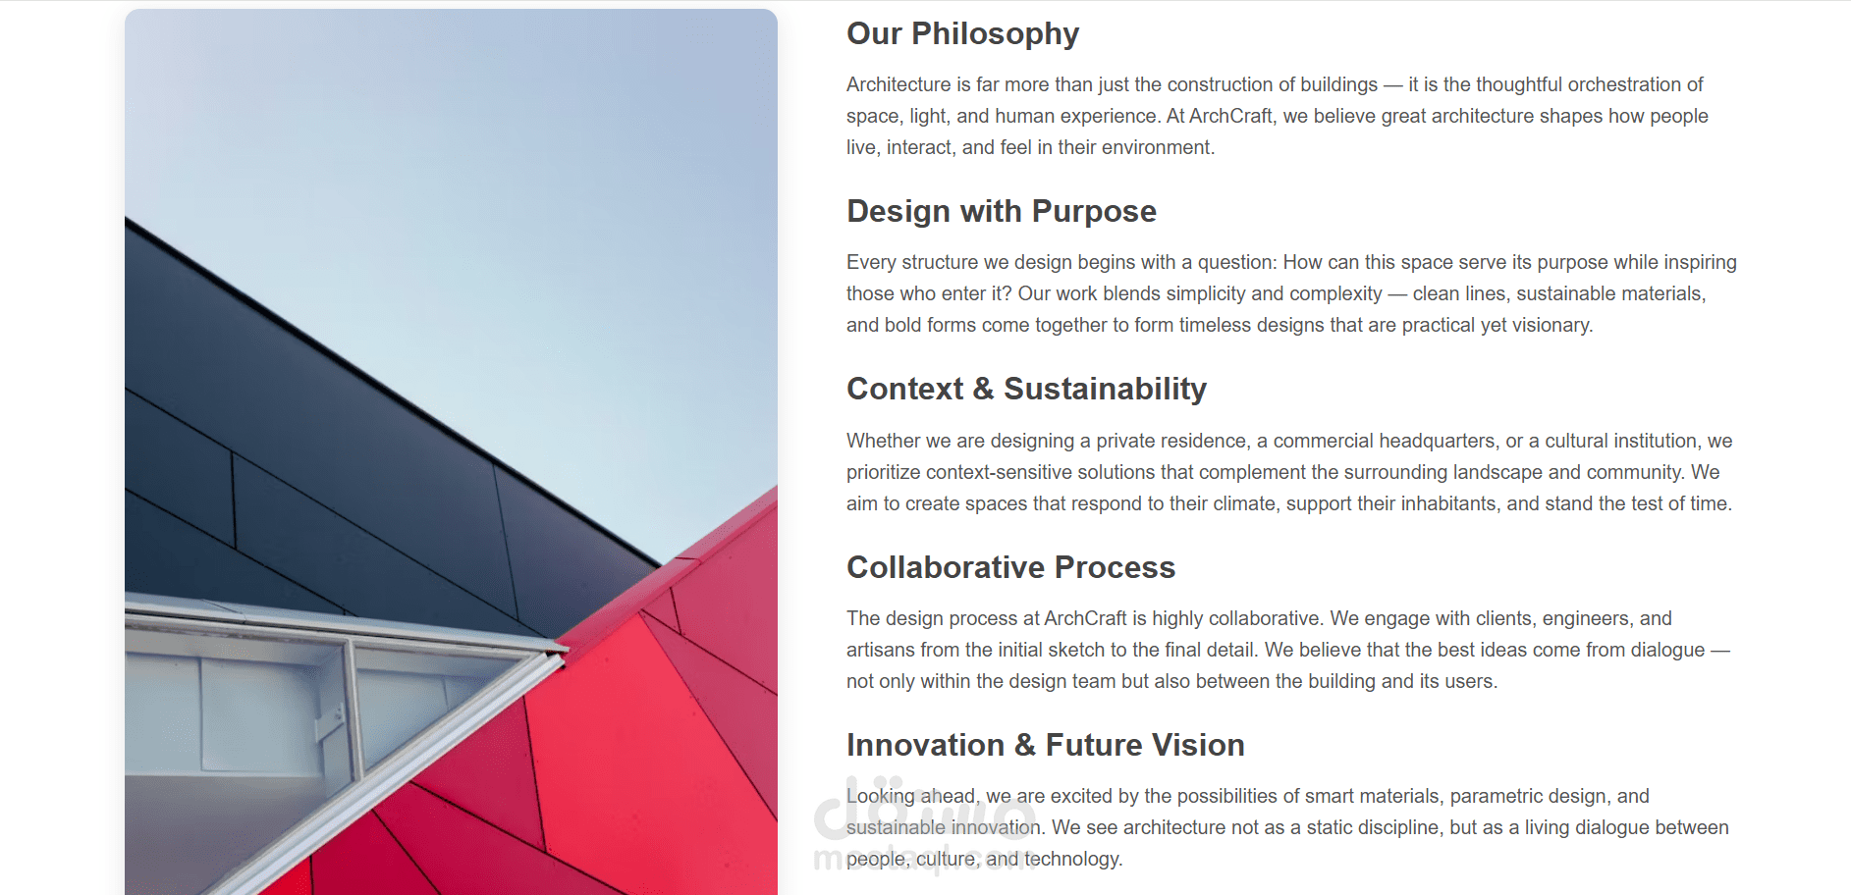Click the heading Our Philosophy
[x=962, y=34]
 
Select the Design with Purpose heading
[x=1002, y=212]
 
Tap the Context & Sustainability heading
[x=1026, y=390]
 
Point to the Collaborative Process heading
[x=1010, y=567]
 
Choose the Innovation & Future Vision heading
[x=1045, y=745]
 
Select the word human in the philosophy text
[x=1025, y=116]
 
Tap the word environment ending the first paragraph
[x=1156, y=147]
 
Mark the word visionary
[x=1550, y=325]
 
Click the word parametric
[x=1497, y=796]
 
